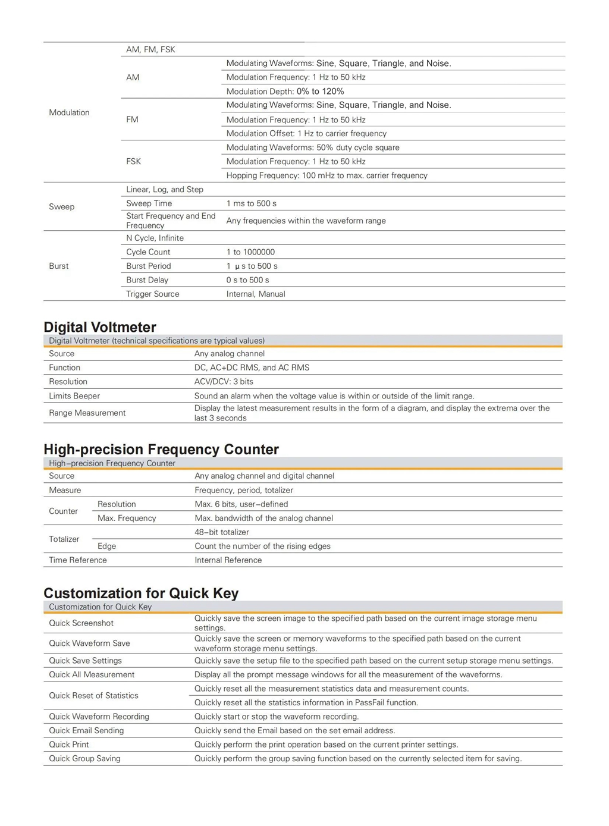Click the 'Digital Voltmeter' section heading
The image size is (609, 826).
pos(100,327)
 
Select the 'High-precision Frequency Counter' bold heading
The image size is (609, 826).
pos(161,450)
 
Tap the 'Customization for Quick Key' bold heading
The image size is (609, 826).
pos(141,593)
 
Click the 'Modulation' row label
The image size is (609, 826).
pos(69,112)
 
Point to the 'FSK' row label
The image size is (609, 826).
pos(133,161)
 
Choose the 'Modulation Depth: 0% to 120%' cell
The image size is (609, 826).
pos(285,92)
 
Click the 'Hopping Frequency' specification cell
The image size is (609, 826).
pos(327,175)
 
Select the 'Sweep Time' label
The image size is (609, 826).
pos(149,203)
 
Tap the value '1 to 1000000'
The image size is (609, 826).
pos(250,252)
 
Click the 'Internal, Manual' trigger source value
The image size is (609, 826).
pos(256,294)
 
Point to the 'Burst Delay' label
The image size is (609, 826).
pos(147,280)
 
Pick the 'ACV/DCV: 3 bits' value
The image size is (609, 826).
pos(224,382)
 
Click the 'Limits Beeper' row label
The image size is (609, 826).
pos(74,396)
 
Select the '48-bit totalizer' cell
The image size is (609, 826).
pos(222,532)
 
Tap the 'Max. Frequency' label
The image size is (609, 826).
pos(127,519)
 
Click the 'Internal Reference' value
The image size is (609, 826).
pos(228,560)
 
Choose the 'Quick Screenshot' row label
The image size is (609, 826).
pos(81,623)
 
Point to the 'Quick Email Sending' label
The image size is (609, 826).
pos(86,731)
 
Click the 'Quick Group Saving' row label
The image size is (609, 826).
pos(84,759)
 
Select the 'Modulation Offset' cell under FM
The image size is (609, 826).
pos(306,134)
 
